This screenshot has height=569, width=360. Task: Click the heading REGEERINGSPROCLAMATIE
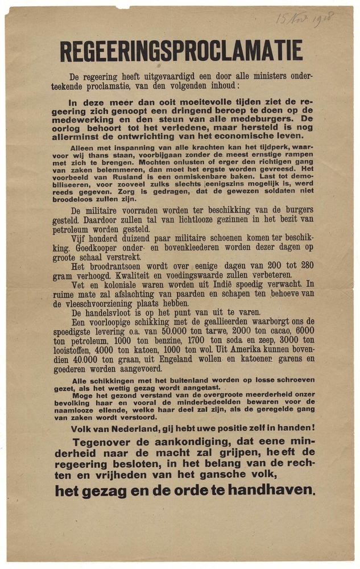(181, 51)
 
